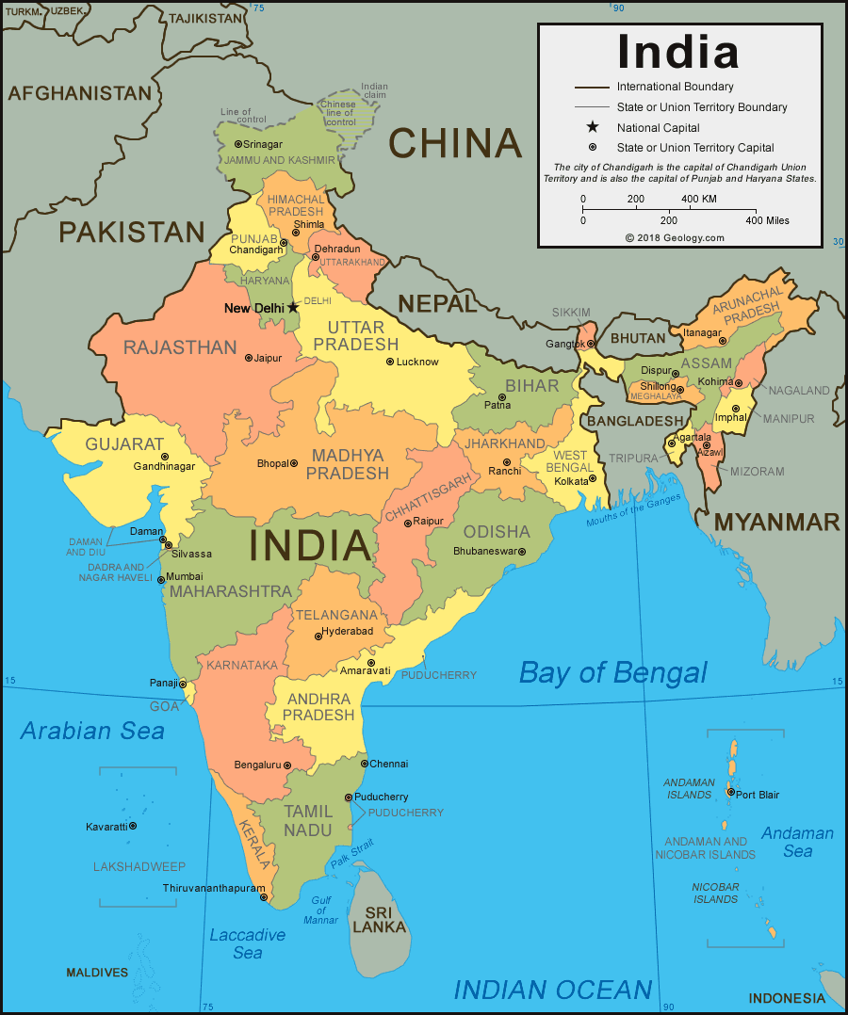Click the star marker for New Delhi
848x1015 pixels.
click(x=293, y=307)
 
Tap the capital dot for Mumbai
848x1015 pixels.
click(x=161, y=579)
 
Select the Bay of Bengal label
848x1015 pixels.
click(x=612, y=672)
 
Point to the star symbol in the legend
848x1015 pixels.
click(x=592, y=127)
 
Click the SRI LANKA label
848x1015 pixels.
click(x=380, y=920)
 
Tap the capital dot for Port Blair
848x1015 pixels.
click(x=730, y=793)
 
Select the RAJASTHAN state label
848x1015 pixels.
click(x=180, y=347)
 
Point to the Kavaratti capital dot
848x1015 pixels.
click(x=133, y=826)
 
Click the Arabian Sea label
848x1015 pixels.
click(x=92, y=731)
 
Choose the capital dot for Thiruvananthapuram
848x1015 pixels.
click(x=265, y=897)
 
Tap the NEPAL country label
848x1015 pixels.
click(x=437, y=303)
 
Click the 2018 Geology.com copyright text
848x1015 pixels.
click(x=675, y=238)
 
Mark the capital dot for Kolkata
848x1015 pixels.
click(x=593, y=479)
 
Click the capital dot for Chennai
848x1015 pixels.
click(x=365, y=764)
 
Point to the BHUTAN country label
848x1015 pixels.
click(x=638, y=338)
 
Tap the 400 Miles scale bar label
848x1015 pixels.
click(x=767, y=220)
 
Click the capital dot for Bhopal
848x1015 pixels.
click(x=294, y=463)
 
